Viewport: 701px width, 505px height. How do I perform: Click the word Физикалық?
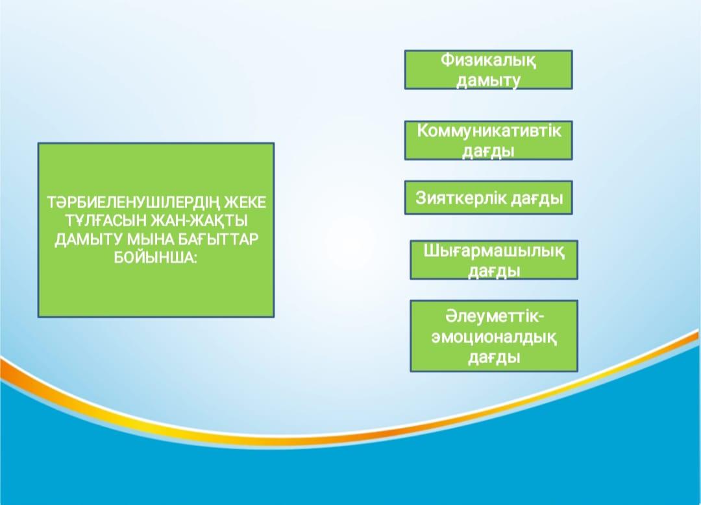point(488,60)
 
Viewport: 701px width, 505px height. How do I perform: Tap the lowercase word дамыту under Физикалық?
point(488,81)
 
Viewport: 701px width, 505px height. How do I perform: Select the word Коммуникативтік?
point(489,131)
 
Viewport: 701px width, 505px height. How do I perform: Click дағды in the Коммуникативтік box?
point(488,151)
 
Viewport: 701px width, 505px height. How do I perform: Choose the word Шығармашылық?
point(494,252)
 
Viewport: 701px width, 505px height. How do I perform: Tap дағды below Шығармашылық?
point(494,271)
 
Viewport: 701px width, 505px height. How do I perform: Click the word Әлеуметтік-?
point(495,316)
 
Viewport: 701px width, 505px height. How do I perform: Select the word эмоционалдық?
point(494,337)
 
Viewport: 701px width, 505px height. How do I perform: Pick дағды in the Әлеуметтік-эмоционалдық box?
point(494,357)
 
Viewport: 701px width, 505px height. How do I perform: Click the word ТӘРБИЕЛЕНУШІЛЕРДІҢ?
point(133,202)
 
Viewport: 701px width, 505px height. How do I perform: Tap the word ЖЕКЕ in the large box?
point(245,202)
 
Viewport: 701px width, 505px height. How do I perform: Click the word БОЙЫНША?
point(156,258)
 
